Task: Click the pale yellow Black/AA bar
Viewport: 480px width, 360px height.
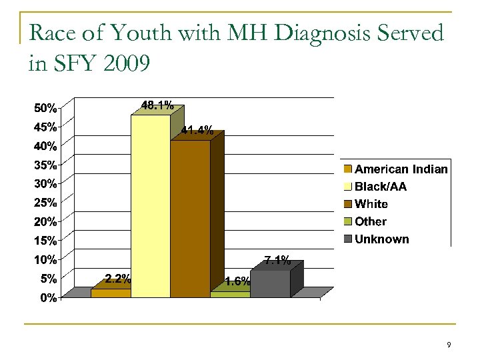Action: click(150, 207)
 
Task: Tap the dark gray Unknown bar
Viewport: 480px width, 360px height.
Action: click(270, 283)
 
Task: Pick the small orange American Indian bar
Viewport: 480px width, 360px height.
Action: click(111, 293)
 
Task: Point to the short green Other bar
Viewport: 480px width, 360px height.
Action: click(230, 294)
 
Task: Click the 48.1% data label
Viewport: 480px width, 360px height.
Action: click(157, 105)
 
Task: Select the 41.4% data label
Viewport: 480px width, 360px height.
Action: click(197, 131)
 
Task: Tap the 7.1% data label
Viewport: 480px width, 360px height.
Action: click(277, 261)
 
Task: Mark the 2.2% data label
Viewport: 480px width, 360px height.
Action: click(117, 279)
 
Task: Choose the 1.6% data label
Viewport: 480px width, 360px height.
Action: click(237, 281)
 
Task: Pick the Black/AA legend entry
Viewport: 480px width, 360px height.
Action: click(380, 187)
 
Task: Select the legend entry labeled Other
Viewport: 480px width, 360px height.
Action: click(370, 221)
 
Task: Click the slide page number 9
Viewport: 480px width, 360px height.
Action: click(449, 345)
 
